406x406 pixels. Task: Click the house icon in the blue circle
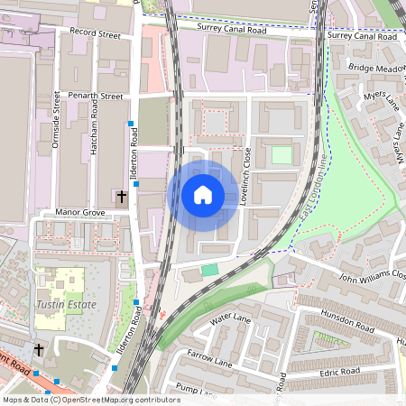203,195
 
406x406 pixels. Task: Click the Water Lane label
229,319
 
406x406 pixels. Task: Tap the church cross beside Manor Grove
122,196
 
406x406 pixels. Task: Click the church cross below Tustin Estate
38,349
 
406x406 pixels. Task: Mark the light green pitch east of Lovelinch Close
282,154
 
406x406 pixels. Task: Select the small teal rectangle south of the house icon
209,270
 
